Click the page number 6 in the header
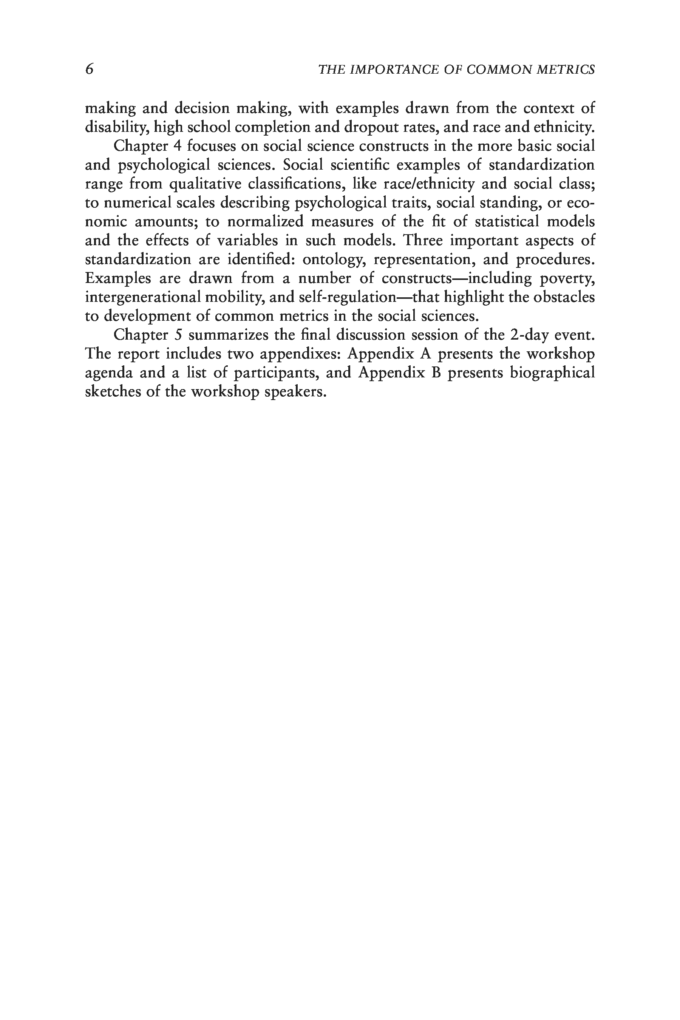[89, 70]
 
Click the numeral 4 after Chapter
[176, 146]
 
